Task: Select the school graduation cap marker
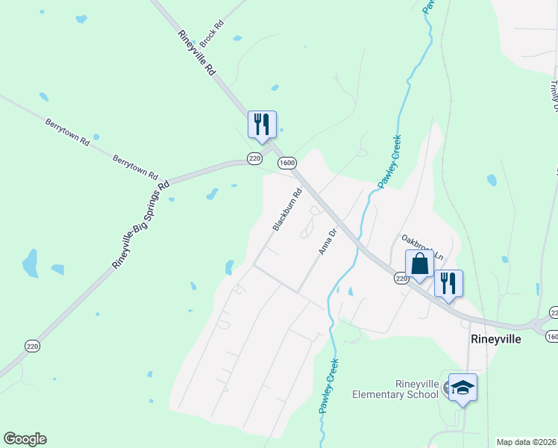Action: click(x=463, y=388)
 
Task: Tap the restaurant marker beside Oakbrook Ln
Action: click(x=448, y=283)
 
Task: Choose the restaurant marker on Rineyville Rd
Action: click(x=262, y=124)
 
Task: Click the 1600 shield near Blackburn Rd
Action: click(x=287, y=162)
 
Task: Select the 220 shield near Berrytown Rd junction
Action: click(x=254, y=158)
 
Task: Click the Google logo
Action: click(x=25, y=439)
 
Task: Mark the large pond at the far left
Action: click(x=31, y=263)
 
